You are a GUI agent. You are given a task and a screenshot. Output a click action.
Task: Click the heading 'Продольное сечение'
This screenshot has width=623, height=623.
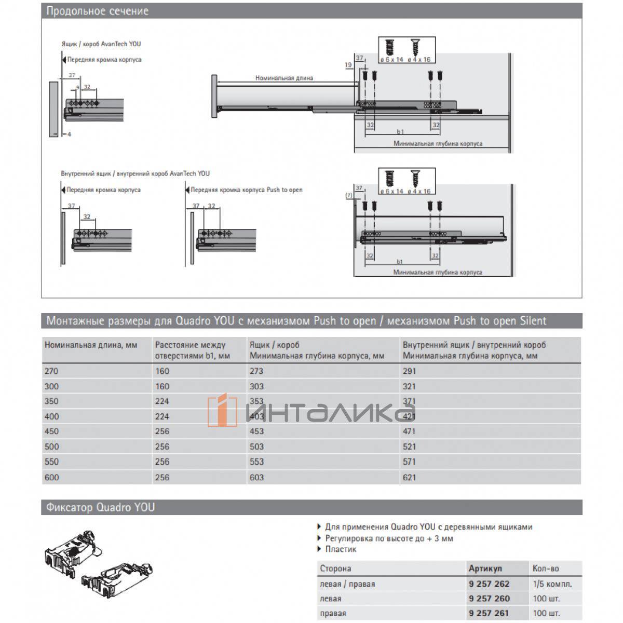[98, 11]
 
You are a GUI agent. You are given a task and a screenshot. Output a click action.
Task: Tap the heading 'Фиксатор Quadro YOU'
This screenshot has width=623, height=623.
[101, 507]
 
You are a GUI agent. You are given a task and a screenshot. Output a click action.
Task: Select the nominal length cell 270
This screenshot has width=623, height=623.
[52, 371]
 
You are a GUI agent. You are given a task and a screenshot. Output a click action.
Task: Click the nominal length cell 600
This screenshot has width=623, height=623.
[52, 477]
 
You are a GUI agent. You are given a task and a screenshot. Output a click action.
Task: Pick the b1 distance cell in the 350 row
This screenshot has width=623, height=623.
[162, 401]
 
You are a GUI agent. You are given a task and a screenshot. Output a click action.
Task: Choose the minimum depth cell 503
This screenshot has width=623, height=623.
[256, 446]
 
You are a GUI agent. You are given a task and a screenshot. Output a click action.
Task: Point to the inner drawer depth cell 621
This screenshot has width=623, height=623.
[410, 477]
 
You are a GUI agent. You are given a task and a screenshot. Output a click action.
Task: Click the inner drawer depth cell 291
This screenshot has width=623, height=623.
[410, 371]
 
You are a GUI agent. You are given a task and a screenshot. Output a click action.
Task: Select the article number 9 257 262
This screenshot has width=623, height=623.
[489, 584]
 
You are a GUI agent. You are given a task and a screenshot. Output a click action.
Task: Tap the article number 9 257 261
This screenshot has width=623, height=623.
[489, 613]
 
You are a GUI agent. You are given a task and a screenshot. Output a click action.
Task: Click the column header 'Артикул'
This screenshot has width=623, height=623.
[485, 568]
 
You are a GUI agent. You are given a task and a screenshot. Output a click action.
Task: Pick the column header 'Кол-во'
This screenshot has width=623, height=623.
[546, 568]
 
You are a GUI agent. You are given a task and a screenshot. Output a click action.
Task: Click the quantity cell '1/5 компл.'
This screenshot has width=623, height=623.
[552, 584]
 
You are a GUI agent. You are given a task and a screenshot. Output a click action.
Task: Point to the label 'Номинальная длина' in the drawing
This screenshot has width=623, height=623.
[284, 78]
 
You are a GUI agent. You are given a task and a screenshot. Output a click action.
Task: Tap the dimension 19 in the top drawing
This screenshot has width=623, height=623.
[348, 65]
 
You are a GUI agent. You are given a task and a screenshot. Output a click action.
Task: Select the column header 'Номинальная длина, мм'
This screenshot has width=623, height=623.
[91, 345]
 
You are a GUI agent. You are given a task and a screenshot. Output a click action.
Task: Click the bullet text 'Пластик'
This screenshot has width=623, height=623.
[341, 549]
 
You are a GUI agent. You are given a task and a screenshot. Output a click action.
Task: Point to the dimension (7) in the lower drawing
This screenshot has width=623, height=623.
[348, 196]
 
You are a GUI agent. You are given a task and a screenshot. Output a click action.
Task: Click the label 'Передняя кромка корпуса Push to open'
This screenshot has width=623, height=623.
[246, 190]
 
